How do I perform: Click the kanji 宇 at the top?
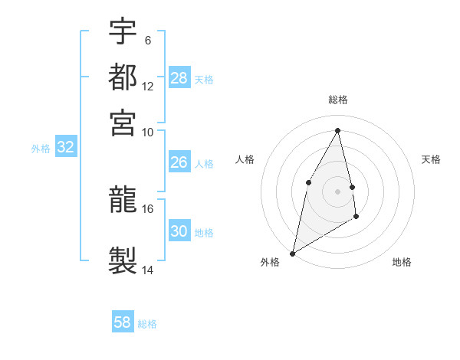123,31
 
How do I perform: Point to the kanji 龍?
123,200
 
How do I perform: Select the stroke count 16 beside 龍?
148,208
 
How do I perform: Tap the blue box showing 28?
179,78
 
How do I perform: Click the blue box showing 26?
179,162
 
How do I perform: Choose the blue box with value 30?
179,231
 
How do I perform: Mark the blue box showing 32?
65,148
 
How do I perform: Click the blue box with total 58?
123,322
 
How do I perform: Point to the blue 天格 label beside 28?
204,79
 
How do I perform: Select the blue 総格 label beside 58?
147,324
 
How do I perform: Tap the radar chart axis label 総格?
338,100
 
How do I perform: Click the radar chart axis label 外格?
270,263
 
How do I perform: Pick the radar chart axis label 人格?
245,159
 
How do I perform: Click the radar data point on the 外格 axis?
292,253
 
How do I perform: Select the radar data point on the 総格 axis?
338,130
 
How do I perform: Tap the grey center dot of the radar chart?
338,191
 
